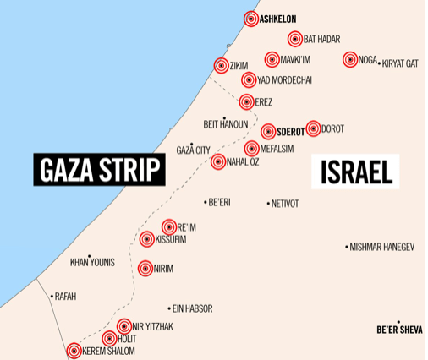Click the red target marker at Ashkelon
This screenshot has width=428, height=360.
click(x=251, y=19)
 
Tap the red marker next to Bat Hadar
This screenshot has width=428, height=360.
click(x=294, y=39)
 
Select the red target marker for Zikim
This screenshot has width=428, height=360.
click(x=221, y=65)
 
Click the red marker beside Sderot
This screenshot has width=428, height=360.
click(x=268, y=131)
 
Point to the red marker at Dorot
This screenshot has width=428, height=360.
click(x=313, y=128)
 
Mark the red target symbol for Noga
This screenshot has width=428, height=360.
click(x=350, y=59)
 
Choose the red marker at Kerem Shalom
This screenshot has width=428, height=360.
click(x=74, y=351)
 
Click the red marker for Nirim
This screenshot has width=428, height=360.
click(x=145, y=268)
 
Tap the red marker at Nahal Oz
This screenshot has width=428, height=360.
click(x=217, y=161)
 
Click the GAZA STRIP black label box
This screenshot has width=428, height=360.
click(x=99, y=170)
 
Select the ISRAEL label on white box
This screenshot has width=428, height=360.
click(x=356, y=172)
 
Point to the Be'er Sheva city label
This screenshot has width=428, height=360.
click(x=399, y=330)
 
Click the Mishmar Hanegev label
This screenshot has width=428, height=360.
click(x=382, y=247)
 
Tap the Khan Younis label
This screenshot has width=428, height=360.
click(x=92, y=262)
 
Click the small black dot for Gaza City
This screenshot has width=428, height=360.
click(x=193, y=145)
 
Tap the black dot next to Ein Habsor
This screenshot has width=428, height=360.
click(x=167, y=308)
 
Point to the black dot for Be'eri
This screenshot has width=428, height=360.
click(x=206, y=202)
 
